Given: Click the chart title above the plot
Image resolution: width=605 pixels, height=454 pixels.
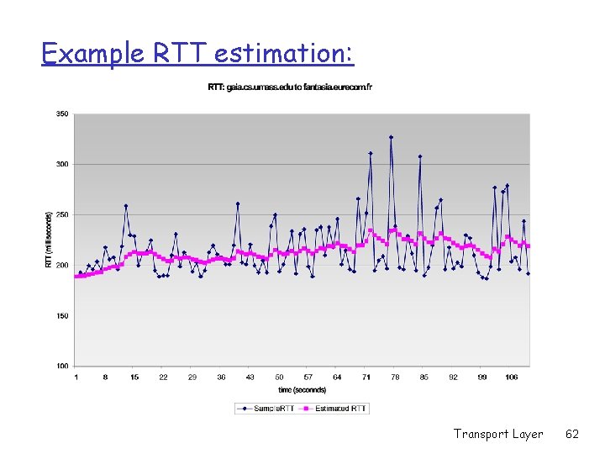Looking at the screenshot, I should pos(290,87).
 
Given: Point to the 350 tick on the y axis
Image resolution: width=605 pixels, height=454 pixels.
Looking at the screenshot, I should pos(62,113).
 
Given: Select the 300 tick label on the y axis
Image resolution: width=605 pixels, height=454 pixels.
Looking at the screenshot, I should pos(62,164).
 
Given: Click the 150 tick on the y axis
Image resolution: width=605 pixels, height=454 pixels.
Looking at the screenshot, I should pos(62,316).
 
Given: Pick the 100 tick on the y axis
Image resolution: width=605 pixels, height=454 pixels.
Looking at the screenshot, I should pos(62,367).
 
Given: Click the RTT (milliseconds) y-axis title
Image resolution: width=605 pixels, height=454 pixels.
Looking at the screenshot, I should pos(48,240).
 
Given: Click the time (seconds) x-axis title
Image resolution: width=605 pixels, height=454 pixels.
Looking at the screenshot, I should pos(302,389).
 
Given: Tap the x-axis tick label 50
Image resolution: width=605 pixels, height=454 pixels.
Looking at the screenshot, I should pos(279,377).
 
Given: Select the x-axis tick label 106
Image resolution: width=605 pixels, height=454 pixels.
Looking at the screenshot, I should pos(511,377).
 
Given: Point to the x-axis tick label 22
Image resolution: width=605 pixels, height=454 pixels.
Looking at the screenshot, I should pos(163,377).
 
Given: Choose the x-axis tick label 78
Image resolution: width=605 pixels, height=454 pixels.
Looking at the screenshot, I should pos(395,377).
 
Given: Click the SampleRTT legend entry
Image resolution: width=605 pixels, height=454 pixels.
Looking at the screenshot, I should pos(266,409).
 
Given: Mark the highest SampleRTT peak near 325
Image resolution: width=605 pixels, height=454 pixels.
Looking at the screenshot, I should pos(391,137).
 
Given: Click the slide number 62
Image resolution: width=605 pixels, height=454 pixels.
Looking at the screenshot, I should pos(572,434).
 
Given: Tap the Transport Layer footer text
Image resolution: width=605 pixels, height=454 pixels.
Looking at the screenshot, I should pos(498,434).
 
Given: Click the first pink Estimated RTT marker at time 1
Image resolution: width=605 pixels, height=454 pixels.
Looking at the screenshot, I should pos(76,276).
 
